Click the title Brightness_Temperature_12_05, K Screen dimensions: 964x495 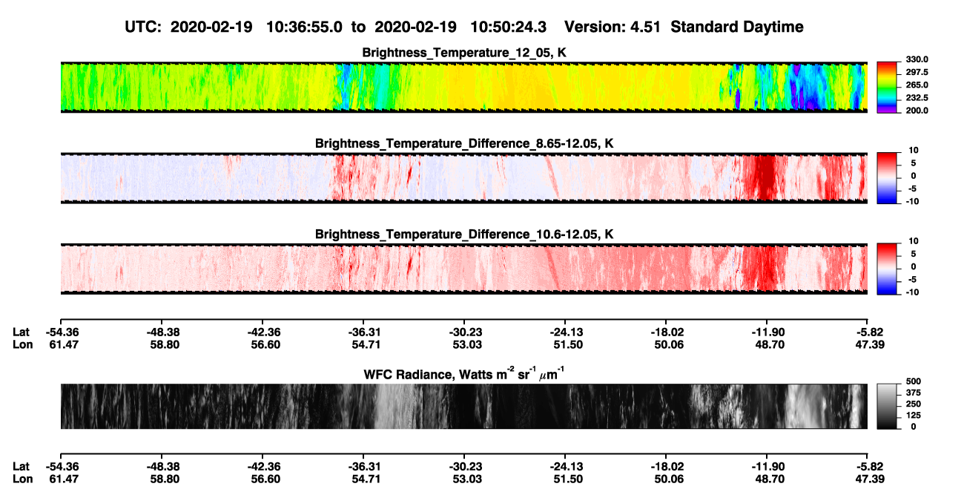point(464,53)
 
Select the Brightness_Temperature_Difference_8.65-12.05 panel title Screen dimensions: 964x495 point(464,143)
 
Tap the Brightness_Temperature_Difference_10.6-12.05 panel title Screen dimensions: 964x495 point(464,235)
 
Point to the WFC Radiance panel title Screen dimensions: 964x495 point(464,374)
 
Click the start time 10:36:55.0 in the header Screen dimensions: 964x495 point(304,27)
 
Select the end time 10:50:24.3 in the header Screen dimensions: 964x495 point(508,27)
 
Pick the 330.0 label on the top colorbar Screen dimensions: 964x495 point(917,59)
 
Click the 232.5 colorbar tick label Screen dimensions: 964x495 point(917,98)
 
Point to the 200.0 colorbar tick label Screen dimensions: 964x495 point(917,111)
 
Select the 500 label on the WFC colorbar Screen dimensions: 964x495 point(914,381)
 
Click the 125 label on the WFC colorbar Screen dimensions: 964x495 point(914,416)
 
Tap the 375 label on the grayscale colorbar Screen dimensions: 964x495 point(914,393)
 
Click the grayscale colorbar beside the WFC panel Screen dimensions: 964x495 point(887,406)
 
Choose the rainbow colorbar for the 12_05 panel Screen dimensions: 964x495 point(887,88)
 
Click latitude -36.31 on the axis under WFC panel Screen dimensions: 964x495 point(364,467)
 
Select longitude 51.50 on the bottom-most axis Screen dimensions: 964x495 point(568,479)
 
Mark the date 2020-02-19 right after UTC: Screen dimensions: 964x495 point(211,27)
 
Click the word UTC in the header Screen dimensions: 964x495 point(139,27)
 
